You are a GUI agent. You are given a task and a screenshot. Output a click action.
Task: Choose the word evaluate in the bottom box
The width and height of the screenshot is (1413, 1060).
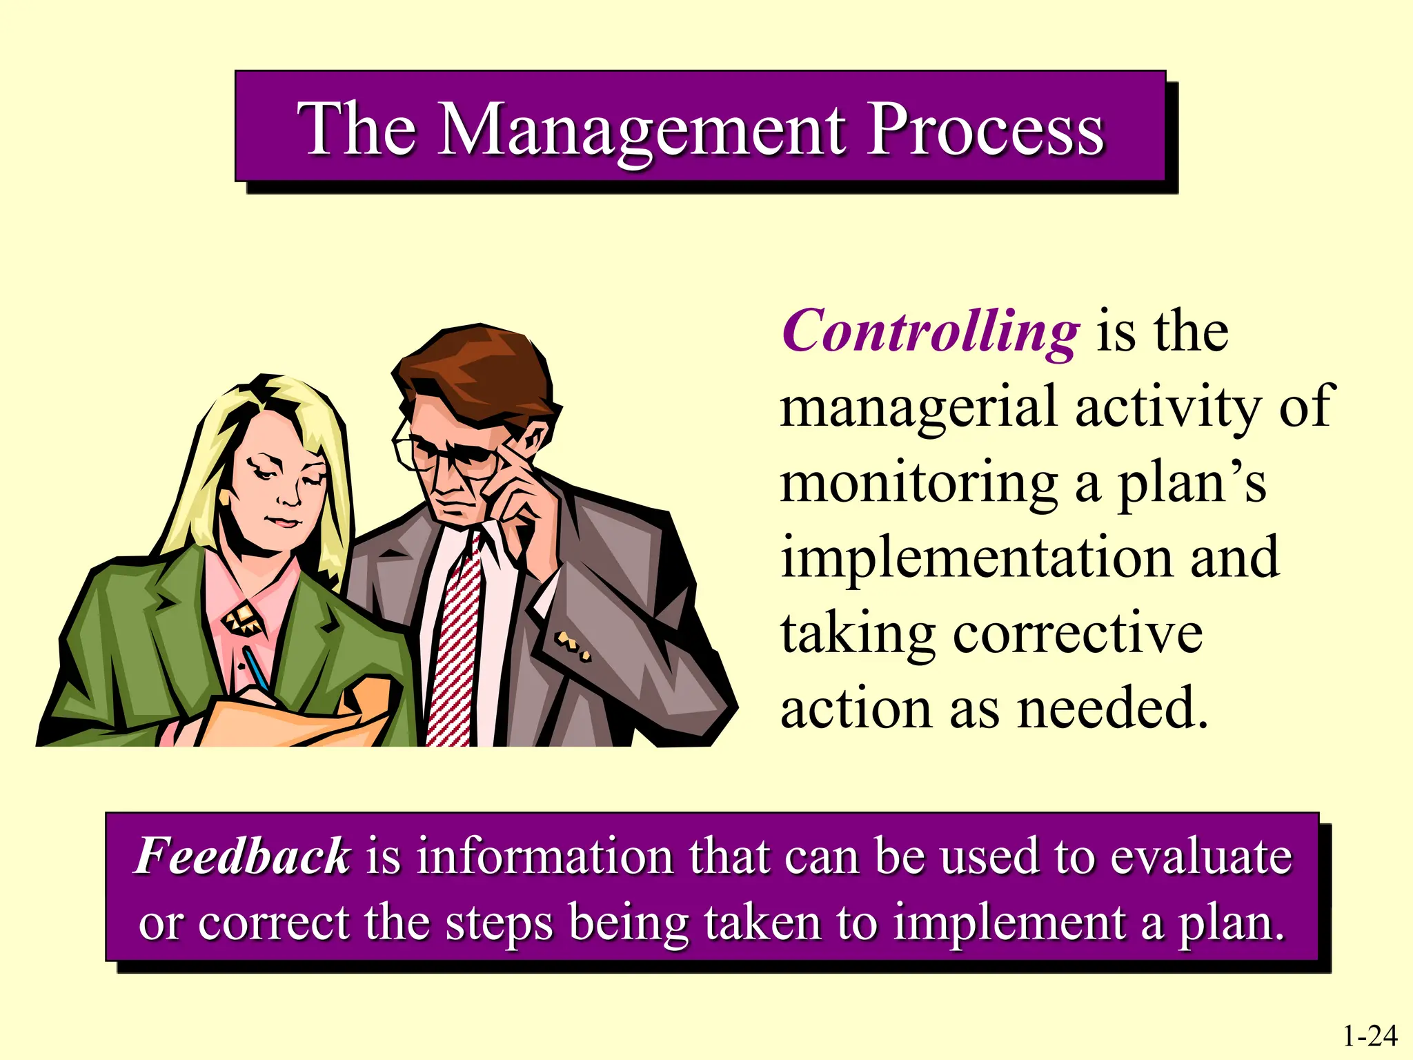tap(1200, 856)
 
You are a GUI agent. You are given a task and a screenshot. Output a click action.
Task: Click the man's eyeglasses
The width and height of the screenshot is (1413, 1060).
tap(442, 455)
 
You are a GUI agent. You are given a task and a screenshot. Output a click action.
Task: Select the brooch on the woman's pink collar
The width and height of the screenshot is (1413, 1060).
tap(242, 618)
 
